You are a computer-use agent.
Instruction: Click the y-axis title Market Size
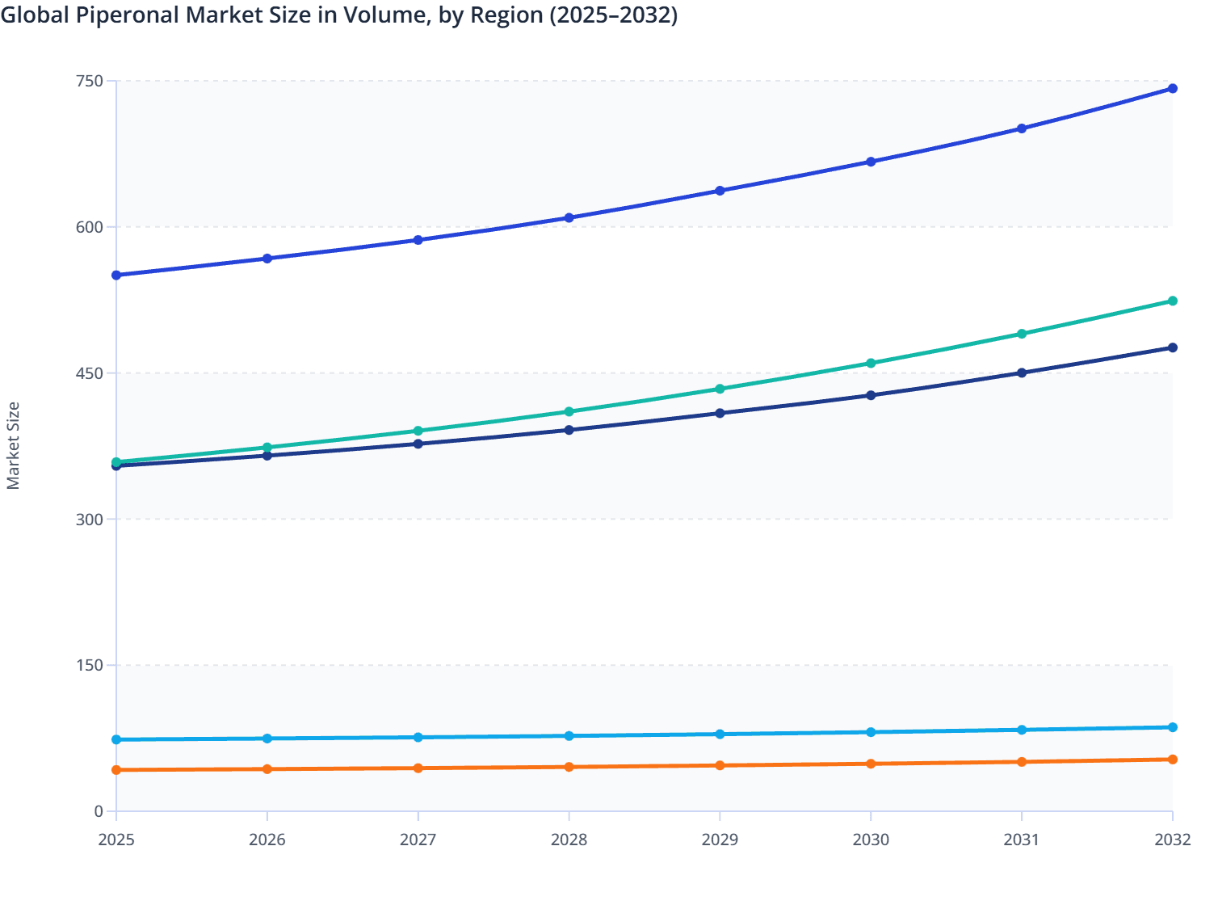coord(13,445)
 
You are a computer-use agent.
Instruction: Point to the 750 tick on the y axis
coord(90,81)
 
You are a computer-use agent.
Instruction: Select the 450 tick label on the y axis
coord(90,373)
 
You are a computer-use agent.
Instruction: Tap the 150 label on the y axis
coord(90,666)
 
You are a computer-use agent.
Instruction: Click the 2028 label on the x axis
coord(569,840)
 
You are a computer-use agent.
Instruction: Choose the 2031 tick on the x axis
coord(1022,840)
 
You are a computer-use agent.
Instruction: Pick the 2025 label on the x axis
coord(116,840)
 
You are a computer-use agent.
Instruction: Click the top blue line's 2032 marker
coord(1172,89)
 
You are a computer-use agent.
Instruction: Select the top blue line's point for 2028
coord(569,218)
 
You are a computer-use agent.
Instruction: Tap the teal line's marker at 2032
coord(1172,301)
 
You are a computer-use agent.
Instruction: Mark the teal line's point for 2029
coord(720,389)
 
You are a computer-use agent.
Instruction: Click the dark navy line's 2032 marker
coord(1172,347)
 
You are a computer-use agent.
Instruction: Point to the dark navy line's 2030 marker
coord(871,395)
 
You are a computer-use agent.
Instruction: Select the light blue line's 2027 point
coord(418,737)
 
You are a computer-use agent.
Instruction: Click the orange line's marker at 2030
coord(871,764)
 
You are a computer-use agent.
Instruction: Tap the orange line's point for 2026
coord(267,769)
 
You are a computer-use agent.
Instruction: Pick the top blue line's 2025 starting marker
coord(116,276)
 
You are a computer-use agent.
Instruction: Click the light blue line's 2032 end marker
coord(1172,727)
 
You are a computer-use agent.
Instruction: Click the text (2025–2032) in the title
coord(613,15)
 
